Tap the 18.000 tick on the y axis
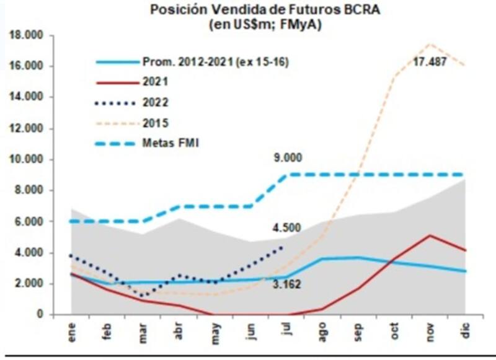click(25, 36)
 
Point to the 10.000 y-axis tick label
click(25, 159)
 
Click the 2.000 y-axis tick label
click(28, 284)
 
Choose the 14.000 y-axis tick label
click(25, 97)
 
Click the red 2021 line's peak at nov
click(429, 235)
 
